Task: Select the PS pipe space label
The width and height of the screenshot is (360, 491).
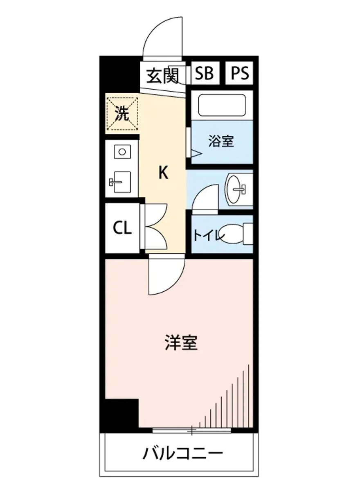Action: [x=240, y=73]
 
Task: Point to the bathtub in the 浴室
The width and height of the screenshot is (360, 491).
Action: [x=222, y=105]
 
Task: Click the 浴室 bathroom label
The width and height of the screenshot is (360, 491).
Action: [x=221, y=142]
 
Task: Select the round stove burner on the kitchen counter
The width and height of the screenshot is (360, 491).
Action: [x=122, y=152]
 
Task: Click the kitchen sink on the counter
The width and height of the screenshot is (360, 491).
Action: [x=121, y=182]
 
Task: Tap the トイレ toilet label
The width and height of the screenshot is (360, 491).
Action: [x=209, y=236]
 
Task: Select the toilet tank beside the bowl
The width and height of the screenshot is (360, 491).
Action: [x=248, y=234]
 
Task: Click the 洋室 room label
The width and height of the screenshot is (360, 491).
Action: [x=181, y=342]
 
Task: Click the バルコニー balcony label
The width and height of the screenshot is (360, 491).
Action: [x=183, y=453]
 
